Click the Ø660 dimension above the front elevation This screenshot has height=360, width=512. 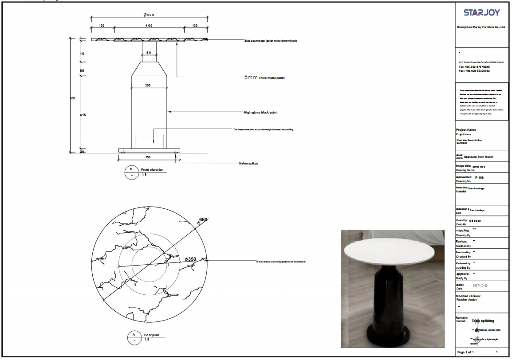click(149, 15)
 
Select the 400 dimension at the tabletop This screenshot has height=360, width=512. click(149, 26)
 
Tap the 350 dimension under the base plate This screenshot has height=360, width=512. click(149, 157)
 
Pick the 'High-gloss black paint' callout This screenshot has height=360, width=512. click(260, 113)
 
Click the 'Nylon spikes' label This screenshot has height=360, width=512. click(248, 163)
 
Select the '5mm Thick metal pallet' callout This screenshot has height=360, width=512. click(264, 77)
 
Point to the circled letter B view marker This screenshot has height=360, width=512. click(131, 169)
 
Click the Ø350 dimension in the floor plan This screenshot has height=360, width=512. click(190, 258)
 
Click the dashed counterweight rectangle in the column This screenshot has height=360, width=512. click(149, 141)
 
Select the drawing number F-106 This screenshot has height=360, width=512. click(479, 177)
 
